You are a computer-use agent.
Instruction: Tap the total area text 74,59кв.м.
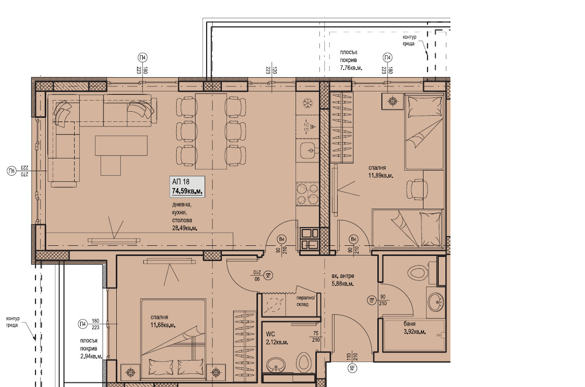click(187, 191)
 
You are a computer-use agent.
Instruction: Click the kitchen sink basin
click(308, 150)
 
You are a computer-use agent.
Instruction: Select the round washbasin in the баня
click(435, 302)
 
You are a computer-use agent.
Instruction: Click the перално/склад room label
click(307, 301)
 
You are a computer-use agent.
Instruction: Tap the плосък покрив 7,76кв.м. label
click(351, 60)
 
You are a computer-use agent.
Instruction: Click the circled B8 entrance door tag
click(350, 368)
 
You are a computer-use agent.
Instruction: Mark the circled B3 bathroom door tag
click(372, 301)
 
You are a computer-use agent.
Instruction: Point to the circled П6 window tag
click(11, 172)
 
